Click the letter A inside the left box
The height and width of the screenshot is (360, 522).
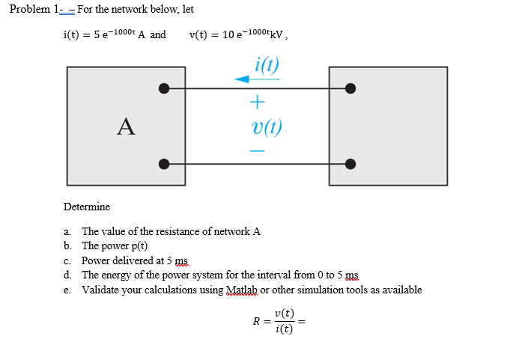point(126,127)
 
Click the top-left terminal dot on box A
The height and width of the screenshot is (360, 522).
point(163,88)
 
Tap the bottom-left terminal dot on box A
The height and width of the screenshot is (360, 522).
point(163,164)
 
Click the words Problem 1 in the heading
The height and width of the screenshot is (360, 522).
point(34,9)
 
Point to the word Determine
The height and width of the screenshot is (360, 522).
point(87,207)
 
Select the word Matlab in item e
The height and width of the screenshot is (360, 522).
point(240,290)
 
